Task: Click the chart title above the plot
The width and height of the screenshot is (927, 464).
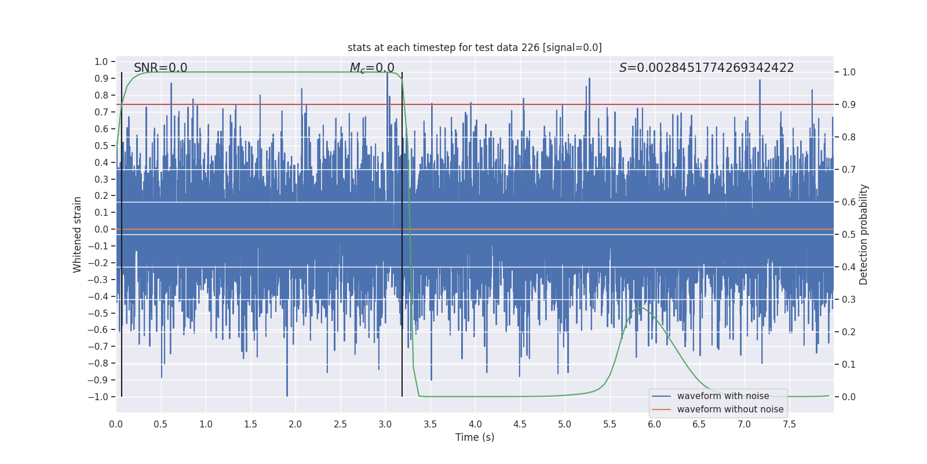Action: [x=475, y=48]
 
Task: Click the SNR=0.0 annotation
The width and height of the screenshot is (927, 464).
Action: [x=160, y=68]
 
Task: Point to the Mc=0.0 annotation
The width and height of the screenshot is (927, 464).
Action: [x=372, y=68]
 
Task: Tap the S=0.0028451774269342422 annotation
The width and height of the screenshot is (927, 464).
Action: [x=706, y=68]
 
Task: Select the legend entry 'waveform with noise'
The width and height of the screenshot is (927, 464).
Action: [x=722, y=396]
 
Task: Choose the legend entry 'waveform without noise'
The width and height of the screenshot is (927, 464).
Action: [x=730, y=409]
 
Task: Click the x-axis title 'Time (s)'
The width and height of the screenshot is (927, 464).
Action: [x=475, y=437]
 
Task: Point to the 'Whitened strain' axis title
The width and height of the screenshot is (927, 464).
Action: [x=78, y=234]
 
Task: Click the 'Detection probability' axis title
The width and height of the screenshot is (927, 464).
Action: [x=864, y=234]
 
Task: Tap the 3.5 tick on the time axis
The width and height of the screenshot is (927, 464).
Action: [x=430, y=424]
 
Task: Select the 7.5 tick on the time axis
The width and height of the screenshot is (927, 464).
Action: [x=789, y=424]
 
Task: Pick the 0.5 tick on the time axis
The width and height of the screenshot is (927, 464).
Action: [x=160, y=424]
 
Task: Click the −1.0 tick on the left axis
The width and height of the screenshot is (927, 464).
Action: [x=98, y=397]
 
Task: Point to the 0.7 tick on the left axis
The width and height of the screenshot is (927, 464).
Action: [x=101, y=112]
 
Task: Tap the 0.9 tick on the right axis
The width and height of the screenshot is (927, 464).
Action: [x=849, y=104]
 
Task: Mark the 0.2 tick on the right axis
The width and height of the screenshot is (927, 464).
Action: [x=849, y=332]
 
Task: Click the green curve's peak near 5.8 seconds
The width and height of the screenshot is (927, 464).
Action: [x=640, y=307]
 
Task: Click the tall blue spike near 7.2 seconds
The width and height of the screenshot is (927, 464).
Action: [x=760, y=81]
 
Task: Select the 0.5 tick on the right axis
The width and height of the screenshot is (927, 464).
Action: [x=849, y=234]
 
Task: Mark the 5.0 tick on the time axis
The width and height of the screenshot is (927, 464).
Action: [x=564, y=424]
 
